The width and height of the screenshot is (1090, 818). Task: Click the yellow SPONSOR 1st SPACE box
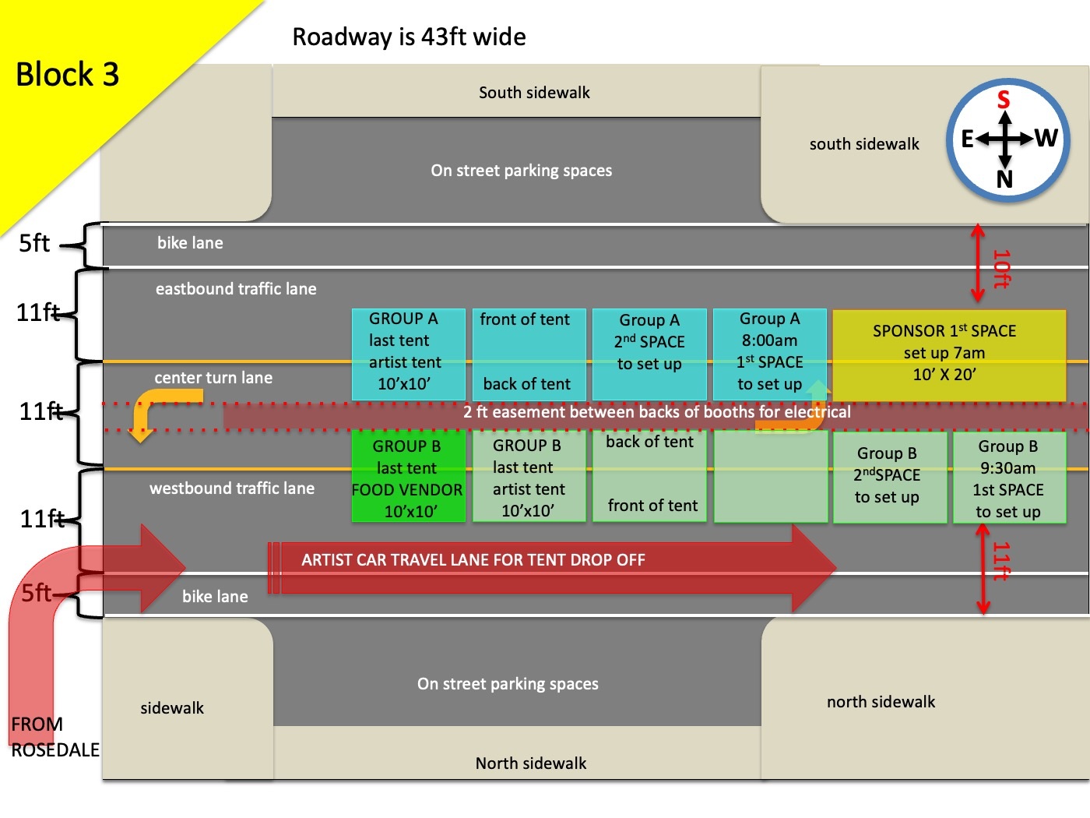point(948,355)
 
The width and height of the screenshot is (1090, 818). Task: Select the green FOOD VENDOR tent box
point(408,477)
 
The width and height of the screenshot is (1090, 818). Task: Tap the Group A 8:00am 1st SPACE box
point(769,352)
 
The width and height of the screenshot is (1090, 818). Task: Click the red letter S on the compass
point(1004,100)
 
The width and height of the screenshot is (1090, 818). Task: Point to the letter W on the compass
point(1046,139)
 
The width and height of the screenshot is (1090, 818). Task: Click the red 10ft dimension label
point(1001,269)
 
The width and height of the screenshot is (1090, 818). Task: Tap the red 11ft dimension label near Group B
point(1001,562)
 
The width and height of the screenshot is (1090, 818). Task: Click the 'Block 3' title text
point(67,75)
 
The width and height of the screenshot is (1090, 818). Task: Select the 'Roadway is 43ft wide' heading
point(409,37)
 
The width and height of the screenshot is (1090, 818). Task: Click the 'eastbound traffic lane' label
point(236,289)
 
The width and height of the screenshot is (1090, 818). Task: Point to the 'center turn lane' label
point(213,378)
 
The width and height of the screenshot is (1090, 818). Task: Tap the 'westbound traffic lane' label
point(232,488)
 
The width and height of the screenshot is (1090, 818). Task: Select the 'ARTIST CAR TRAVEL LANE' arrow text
point(473,559)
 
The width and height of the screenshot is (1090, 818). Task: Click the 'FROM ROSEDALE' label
point(54,737)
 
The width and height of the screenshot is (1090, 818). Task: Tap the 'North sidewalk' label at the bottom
point(531,763)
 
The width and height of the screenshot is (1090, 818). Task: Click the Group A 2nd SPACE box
point(649,353)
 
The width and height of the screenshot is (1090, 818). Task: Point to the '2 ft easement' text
point(656,411)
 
